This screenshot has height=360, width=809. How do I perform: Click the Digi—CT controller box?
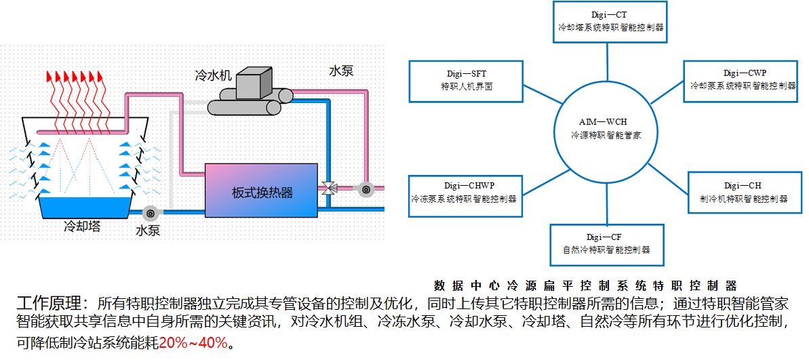coord(610,21)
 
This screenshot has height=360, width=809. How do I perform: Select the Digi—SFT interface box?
coord(466,81)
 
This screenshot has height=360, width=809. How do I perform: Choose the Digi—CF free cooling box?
coord(607,243)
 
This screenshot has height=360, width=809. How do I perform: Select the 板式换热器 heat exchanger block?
coord(262,191)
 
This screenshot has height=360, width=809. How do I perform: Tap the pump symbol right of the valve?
coord(366,190)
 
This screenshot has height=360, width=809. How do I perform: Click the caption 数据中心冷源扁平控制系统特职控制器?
coord(584,285)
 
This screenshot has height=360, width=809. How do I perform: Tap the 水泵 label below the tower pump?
coord(148,231)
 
